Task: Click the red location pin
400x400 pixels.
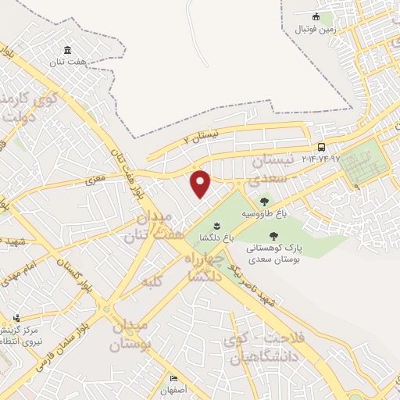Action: pyautogui.click(x=201, y=184)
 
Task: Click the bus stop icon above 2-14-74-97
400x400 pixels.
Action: pyautogui.click(x=321, y=147)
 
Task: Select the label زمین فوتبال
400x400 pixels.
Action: pyautogui.click(x=315, y=29)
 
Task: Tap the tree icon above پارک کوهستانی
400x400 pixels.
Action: pyautogui.click(x=273, y=235)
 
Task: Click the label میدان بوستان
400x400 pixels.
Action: pyautogui.click(x=128, y=334)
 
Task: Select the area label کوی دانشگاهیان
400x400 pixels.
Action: pyautogui.click(x=248, y=348)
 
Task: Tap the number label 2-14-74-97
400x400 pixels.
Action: pyautogui.click(x=319, y=159)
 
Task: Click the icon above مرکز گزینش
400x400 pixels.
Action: pyautogui.click(x=16, y=318)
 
